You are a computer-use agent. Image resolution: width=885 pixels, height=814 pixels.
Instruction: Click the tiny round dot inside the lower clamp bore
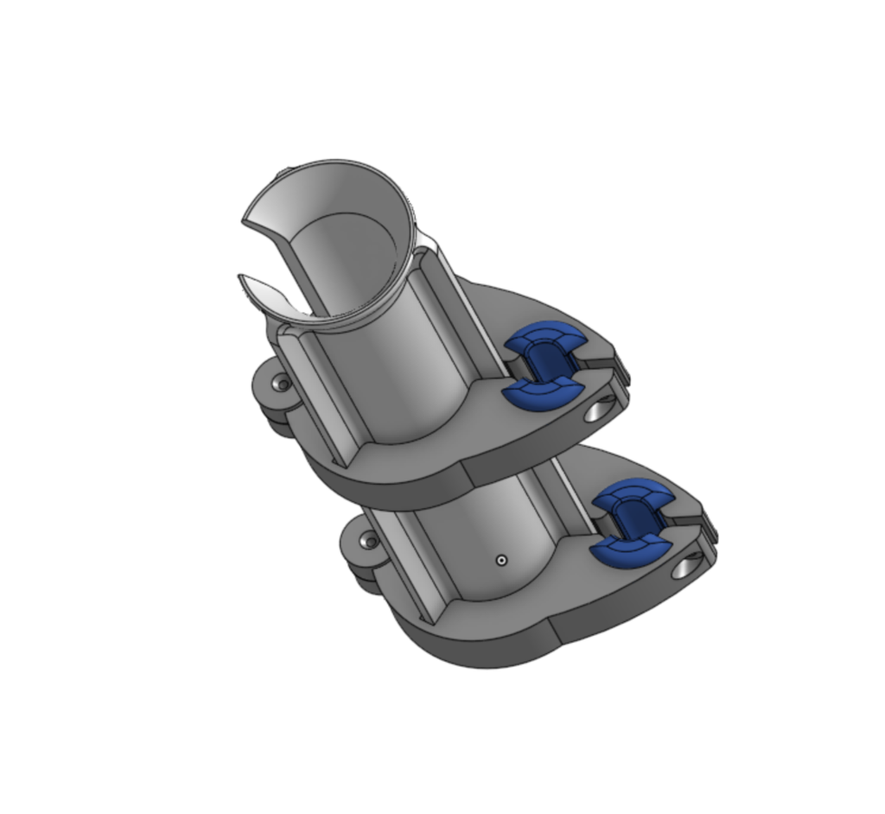(x=501, y=560)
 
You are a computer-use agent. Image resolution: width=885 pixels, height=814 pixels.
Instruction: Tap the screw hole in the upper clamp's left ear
(x=280, y=384)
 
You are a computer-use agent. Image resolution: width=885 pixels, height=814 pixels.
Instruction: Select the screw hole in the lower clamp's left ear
(x=371, y=543)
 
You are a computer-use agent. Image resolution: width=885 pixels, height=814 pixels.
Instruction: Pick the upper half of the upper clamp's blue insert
(x=542, y=337)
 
